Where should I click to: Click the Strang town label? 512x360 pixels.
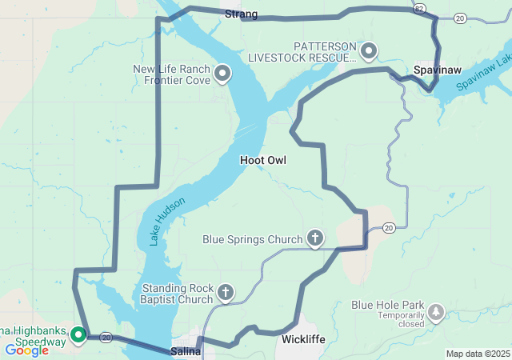click(x=241, y=14)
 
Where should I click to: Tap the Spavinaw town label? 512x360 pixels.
click(x=434, y=71)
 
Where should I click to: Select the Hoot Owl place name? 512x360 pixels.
click(x=262, y=161)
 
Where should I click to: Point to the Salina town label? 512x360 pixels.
click(x=185, y=351)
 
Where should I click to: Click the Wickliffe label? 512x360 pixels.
click(x=303, y=340)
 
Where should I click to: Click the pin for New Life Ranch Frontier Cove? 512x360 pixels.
click(x=222, y=74)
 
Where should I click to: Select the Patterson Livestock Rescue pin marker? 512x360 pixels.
click(x=369, y=52)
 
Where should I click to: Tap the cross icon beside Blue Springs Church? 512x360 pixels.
click(x=316, y=238)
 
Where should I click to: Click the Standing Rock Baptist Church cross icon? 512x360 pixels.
click(x=226, y=293)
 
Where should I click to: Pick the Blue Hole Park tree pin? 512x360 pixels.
click(x=436, y=311)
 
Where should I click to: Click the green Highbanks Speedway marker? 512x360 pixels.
click(x=79, y=334)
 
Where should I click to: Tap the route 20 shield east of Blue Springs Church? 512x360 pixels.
click(x=389, y=228)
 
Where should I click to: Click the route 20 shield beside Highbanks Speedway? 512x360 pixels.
click(x=106, y=338)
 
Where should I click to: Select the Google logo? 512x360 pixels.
click(x=26, y=350)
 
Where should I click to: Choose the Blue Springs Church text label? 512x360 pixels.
click(x=252, y=238)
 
